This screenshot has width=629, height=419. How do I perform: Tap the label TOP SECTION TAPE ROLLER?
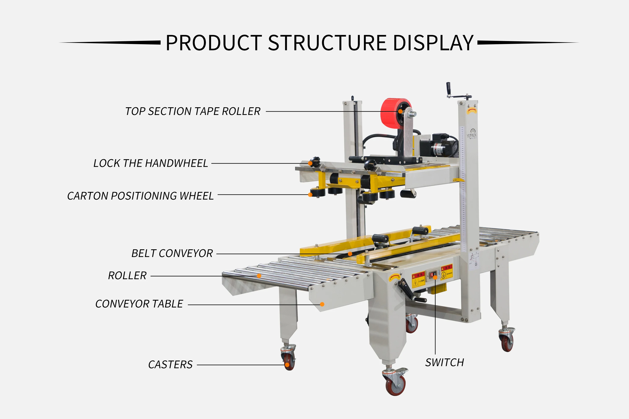point(192,111)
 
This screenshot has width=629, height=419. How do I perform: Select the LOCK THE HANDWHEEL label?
point(151,163)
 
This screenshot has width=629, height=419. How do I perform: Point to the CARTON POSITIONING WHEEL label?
point(140,196)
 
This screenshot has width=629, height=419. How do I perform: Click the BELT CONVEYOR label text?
point(172,253)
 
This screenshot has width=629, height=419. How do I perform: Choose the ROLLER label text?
point(127,275)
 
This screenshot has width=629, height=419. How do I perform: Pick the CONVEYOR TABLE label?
point(139,304)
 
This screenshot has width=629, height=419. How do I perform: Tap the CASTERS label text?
point(170,365)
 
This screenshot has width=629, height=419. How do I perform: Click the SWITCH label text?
point(444,363)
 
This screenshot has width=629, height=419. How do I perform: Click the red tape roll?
point(390,114)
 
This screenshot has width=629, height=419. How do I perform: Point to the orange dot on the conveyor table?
point(322,304)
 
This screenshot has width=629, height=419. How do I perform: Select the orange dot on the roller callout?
point(259,276)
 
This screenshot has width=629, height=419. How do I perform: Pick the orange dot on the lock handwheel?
point(310,163)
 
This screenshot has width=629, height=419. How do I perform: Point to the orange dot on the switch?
point(435,278)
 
